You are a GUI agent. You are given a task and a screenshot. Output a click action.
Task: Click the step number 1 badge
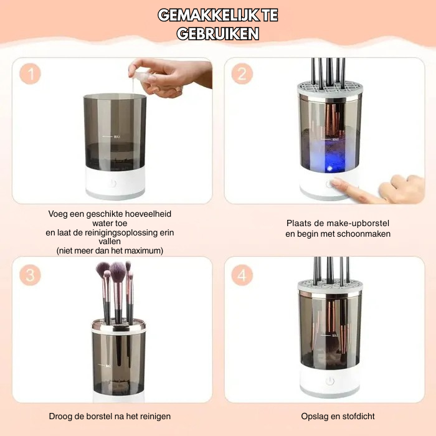tap(30, 73)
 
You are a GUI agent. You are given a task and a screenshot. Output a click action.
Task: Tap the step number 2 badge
tap(242, 73)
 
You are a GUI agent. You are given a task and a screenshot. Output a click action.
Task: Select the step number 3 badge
tap(30, 275)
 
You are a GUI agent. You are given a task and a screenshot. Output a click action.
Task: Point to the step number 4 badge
tap(242, 275)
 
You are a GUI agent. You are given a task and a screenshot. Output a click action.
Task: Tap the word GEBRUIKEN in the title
tap(217, 34)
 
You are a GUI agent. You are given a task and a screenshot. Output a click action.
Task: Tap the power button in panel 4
tap(329, 381)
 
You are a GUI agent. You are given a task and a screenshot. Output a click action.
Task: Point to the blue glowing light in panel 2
tap(326, 156)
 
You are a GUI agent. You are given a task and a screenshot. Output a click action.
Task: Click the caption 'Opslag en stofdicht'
tap(329, 416)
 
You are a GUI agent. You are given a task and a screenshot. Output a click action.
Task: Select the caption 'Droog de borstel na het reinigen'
tap(110, 416)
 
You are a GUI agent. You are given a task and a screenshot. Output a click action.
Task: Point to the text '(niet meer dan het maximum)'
tap(110, 250)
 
